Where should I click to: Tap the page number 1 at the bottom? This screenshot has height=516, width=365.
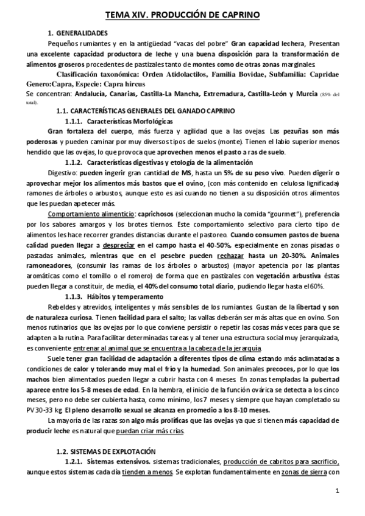338,491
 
